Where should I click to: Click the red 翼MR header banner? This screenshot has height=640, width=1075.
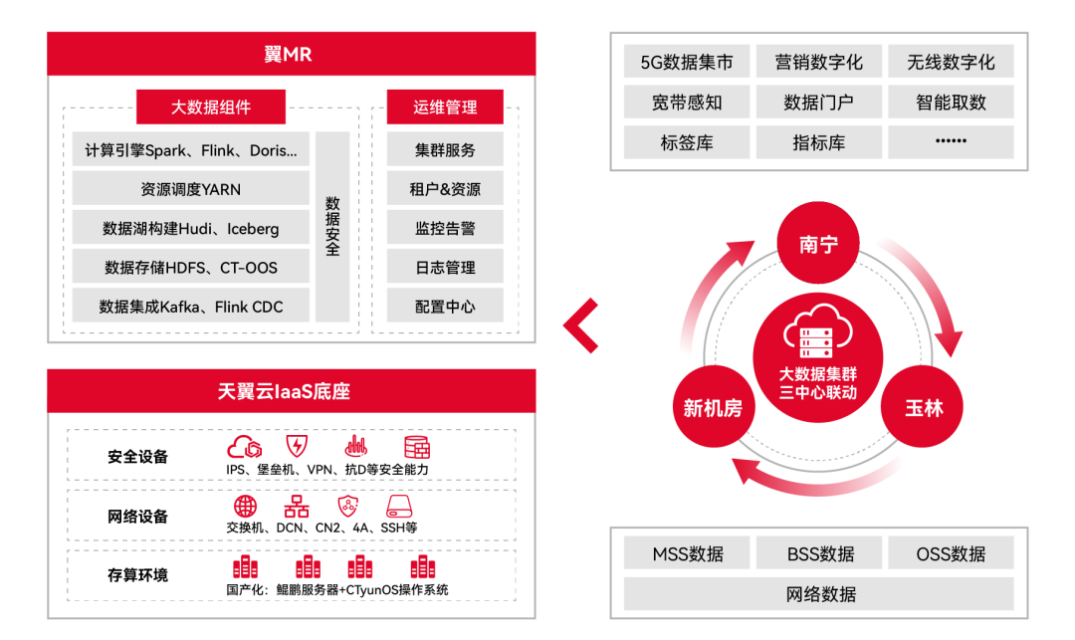pos(292,54)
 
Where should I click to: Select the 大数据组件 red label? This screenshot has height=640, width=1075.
pos(210,107)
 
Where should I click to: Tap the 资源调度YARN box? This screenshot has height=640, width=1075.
pos(190,189)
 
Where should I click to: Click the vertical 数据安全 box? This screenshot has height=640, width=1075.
pos(332,227)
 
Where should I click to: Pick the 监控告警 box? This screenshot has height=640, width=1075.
pos(445,228)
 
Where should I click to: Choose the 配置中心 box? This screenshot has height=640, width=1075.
pos(445,307)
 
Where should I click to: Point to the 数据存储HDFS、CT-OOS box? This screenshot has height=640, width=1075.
pos(190,267)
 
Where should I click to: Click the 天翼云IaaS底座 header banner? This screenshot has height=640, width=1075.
pos(292,391)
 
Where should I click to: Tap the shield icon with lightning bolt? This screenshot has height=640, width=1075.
pos(297,446)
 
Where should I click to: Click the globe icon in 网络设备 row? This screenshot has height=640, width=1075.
pos(245,507)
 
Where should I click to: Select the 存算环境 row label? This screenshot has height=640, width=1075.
pos(137,575)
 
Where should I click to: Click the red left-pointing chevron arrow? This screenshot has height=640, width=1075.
pos(581,325)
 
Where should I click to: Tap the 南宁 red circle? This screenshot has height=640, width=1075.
pos(818,243)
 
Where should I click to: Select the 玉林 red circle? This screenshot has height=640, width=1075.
pos(922,407)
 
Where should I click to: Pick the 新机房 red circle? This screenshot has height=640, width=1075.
pos(714,407)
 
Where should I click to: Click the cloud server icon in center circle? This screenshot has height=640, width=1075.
pos(818,331)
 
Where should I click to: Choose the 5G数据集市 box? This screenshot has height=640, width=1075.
pos(686,63)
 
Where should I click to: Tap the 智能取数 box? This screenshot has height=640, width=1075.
pos(951,103)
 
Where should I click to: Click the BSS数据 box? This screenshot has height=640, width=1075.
pos(819,553)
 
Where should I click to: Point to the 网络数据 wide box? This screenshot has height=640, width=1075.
pos(819,593)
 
